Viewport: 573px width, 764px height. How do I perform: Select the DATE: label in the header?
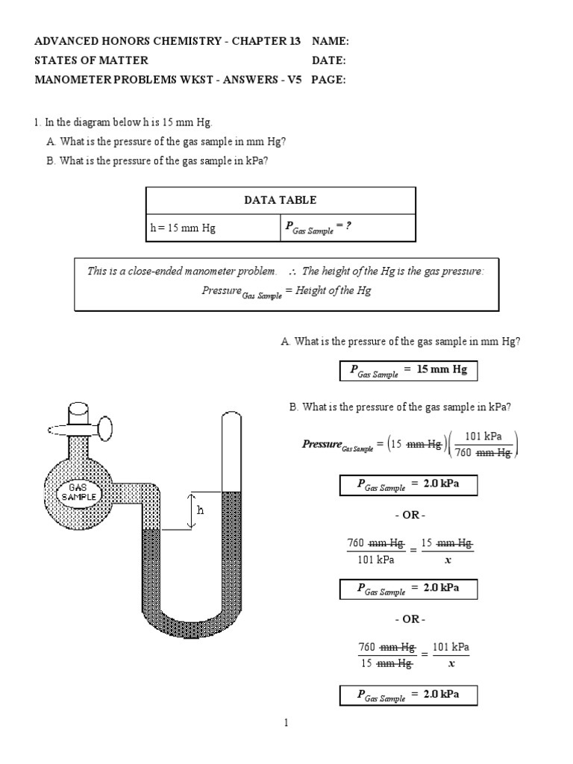(x=328, y=60)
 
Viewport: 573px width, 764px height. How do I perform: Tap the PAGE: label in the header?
(x=328, y=80)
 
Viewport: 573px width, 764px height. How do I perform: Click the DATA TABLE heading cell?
(x=280, y=200)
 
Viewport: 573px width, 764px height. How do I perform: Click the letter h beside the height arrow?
(x=200, y=511)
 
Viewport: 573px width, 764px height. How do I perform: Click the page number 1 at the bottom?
(x=286, y=722)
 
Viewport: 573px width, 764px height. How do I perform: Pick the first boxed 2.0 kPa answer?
(x=408, y=486)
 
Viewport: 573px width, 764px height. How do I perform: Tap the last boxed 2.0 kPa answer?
(x=408, y=696)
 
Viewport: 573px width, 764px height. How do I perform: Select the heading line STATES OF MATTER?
(x=92, y=60)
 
